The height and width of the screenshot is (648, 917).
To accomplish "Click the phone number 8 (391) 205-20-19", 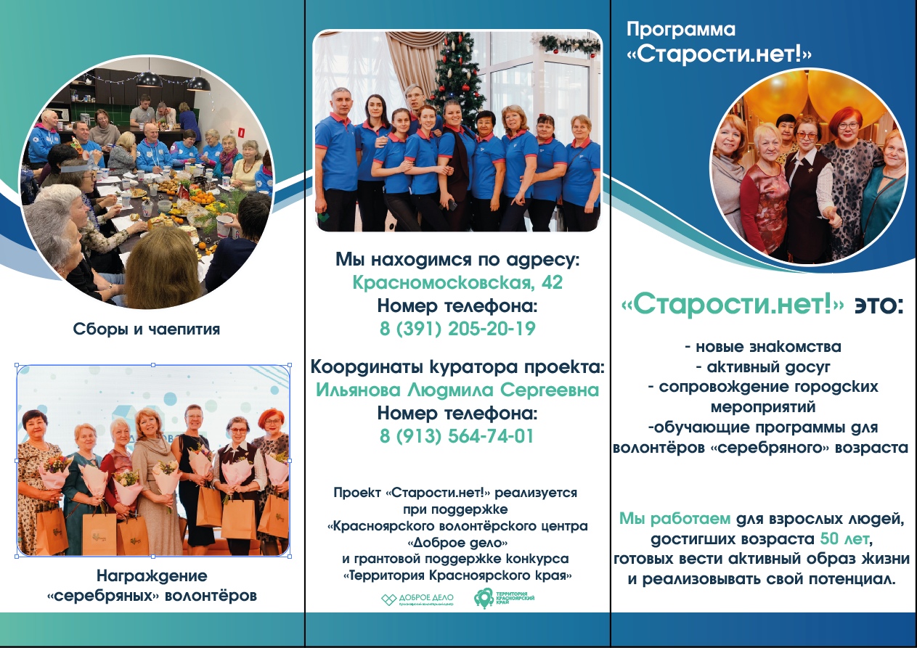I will point(457,329).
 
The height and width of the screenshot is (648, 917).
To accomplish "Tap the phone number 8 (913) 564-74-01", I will point(457,437).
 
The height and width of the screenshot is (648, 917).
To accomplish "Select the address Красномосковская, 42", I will point(457,282).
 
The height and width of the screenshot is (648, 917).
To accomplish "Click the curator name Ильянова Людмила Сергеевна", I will point(457,390).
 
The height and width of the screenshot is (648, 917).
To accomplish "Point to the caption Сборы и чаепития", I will point(147,329).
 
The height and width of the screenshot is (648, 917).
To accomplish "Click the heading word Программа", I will point(680,30).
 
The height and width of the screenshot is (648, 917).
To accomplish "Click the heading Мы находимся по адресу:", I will point(457,259).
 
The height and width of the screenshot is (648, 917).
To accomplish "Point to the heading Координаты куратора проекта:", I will point(457,366).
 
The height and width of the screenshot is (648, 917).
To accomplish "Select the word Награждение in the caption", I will point(152,576).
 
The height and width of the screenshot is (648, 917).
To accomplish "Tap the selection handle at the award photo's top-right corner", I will point(290,366).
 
